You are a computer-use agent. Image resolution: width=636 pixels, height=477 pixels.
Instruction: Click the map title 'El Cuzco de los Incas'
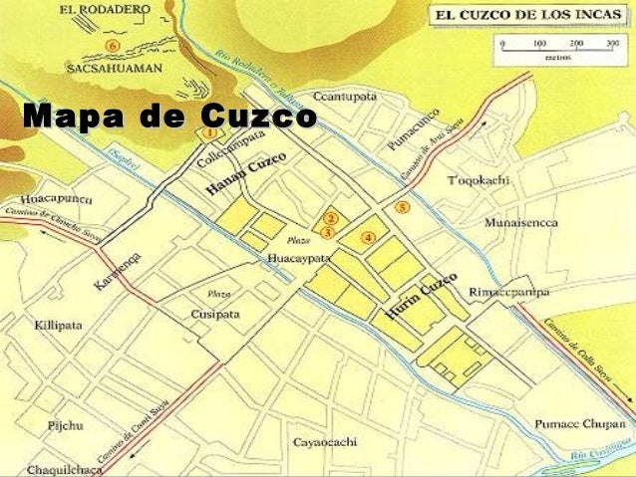coord(528,15)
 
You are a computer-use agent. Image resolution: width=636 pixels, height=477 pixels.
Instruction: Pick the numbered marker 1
coord(209,131)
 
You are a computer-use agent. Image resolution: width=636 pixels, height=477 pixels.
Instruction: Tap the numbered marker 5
coord(403,207)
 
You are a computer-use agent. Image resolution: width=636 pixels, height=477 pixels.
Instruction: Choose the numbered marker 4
coord(368,237)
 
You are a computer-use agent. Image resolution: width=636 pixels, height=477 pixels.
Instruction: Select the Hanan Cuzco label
coord(246,175)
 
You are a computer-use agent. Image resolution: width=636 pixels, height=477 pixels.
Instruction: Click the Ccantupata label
coord(346,96)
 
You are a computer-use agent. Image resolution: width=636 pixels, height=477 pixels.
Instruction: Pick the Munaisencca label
coord(520,223)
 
